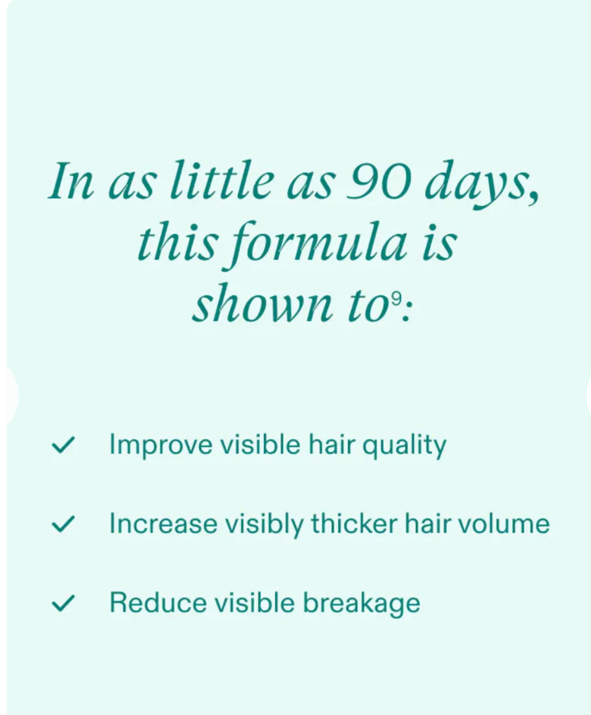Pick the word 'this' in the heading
coord(176,241)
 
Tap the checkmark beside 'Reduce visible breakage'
coord(63,603)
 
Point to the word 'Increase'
coord(163,523)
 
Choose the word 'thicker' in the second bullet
coord(354,523)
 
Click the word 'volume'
coord(504,523)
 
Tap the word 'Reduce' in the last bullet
coord(158,602)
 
